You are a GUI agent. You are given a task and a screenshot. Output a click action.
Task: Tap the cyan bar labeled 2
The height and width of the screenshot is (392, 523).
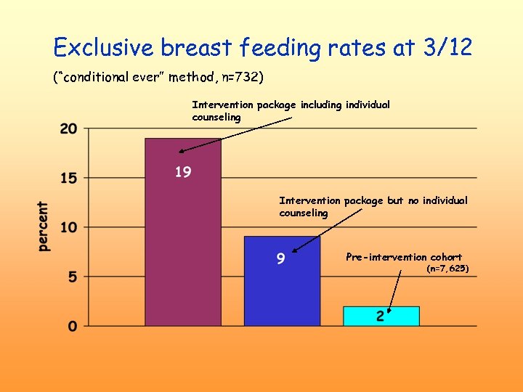pos(381,316)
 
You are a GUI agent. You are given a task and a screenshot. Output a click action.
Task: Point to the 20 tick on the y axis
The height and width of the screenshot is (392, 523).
pos(68,129)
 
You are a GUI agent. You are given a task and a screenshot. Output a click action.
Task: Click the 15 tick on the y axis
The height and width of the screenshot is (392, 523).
pos(68,178)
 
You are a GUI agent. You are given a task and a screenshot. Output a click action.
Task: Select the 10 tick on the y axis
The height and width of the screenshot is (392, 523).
pos(68,227)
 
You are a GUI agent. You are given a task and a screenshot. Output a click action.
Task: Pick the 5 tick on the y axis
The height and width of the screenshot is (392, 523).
pos(72,277)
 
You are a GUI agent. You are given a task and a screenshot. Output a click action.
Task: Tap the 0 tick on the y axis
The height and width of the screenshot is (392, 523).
pos(72,326)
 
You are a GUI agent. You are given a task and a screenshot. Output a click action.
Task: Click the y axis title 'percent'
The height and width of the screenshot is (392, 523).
pos(44,227)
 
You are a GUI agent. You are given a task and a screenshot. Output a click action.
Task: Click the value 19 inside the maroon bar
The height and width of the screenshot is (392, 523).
pos(183,172)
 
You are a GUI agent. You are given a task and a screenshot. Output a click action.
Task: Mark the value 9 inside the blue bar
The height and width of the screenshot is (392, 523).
pos(281,258)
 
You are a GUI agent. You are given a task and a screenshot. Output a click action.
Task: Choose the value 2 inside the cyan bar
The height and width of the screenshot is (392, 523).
pos(381,317)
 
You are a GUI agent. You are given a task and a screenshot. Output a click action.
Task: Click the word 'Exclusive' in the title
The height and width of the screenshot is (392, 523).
pos(104,48)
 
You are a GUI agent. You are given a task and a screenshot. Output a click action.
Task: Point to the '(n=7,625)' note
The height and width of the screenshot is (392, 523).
pos(447,269)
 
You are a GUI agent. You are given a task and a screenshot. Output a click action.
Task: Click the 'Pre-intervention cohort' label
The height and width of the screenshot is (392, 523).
pos(403,257)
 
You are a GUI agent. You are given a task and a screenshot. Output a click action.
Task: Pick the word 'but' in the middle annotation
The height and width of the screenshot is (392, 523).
pos(395,200)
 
